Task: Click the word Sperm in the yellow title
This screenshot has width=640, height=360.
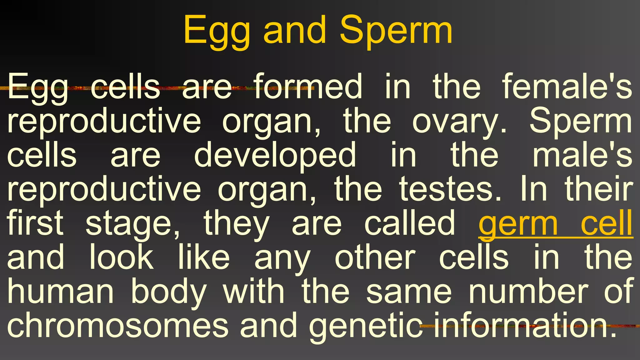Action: click(396, 31)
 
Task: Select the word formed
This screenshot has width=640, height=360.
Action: click(308, 87)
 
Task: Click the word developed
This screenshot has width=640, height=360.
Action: click(275, 155)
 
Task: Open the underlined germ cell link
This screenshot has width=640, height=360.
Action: click(556, 224)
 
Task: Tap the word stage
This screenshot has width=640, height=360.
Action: click(133, 224)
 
